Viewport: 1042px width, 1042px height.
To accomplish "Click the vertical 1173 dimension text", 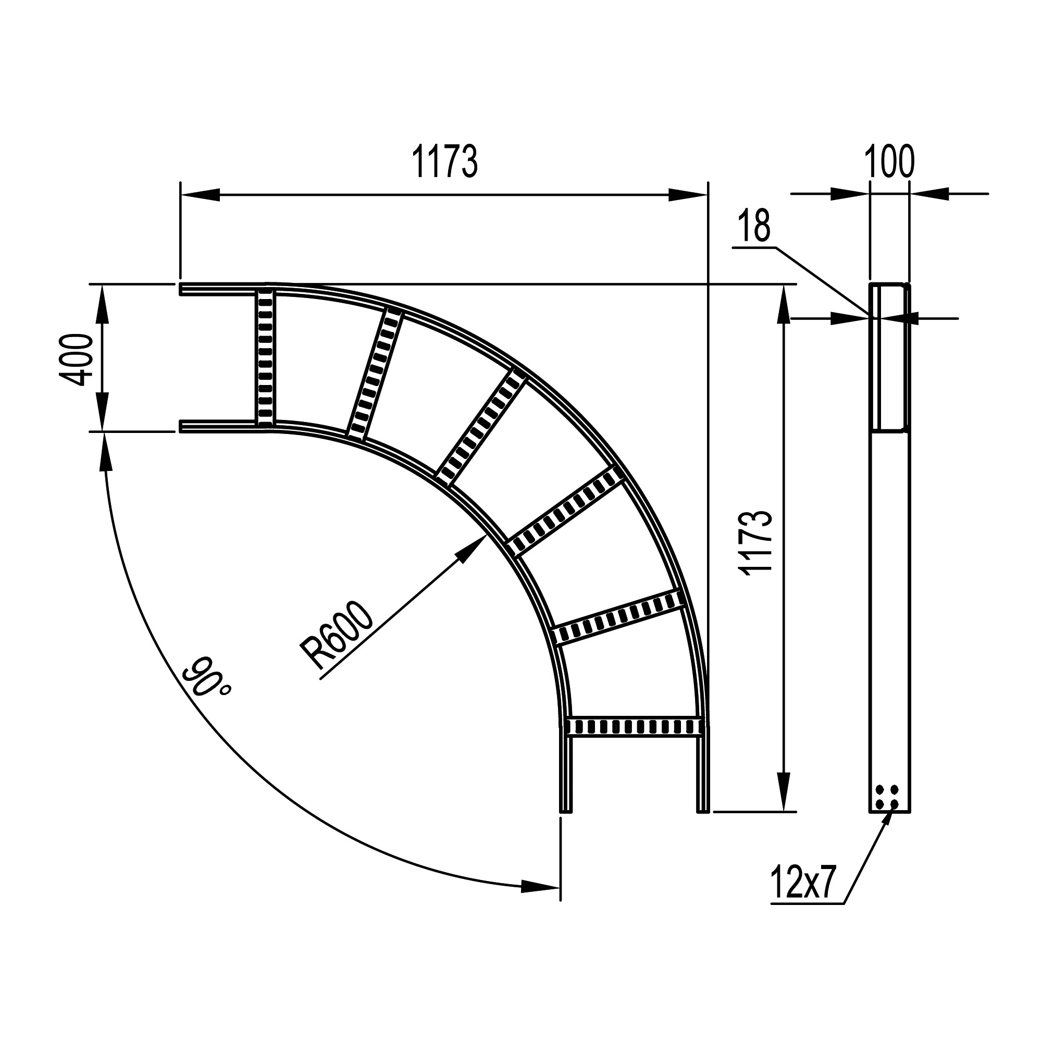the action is click(x=757, y=543).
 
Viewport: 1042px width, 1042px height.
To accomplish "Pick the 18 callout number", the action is click(x=754, y=226).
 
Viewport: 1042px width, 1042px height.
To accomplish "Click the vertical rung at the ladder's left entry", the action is click(x=265, y=357).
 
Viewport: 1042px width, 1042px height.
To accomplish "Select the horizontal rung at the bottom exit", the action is click(x=634, y=726).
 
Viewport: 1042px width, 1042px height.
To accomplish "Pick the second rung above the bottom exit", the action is click(x=618, y=617).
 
